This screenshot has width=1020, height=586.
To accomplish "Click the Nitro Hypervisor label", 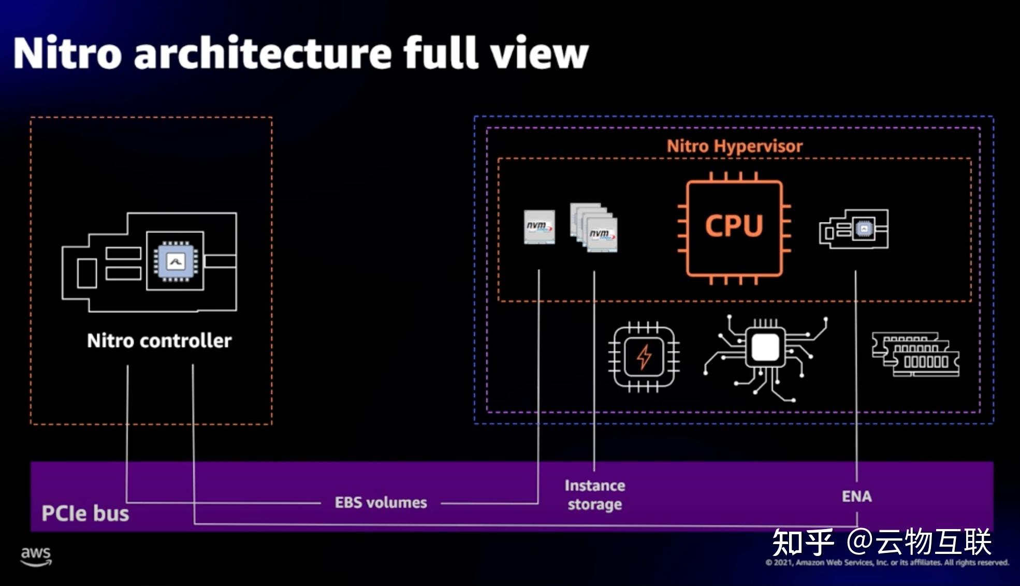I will (734, 146).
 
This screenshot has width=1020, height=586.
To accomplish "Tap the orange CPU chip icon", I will (734, 227).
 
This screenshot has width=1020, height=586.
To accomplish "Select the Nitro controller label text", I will (159, 341).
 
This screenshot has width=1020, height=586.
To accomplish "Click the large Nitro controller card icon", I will (150, 261).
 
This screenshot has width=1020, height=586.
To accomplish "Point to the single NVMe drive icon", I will (539, 227).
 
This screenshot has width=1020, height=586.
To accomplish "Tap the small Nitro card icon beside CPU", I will (853, 229).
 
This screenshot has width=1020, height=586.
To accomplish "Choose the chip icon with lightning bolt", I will (644, 356).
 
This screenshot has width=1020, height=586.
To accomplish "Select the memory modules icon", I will (915, 355).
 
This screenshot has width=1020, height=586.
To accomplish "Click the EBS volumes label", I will (381, 503).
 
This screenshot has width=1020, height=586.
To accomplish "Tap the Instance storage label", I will (594, 495).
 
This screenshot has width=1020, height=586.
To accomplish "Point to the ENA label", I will (856, 496).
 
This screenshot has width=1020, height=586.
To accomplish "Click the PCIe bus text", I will (85, 514).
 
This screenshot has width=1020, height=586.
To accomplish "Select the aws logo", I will (36, 556).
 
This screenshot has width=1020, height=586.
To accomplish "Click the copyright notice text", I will (887, 563).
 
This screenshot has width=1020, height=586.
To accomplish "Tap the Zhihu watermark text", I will (881, 542).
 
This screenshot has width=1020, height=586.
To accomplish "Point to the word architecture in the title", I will (263, 53).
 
